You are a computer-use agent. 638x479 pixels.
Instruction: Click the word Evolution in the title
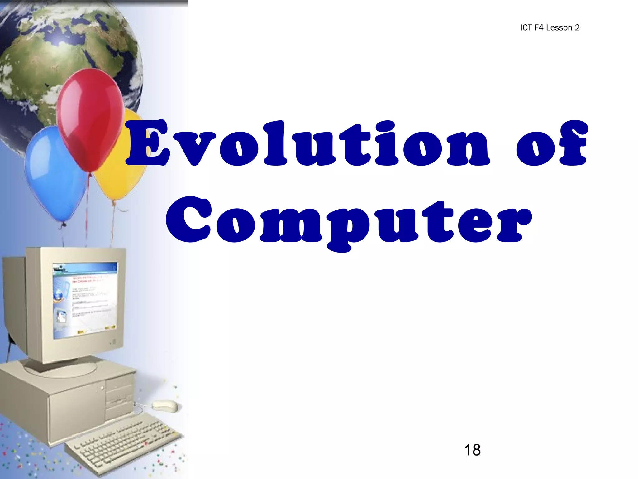click(308, 143)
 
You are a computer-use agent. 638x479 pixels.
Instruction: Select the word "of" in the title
click(551, 143)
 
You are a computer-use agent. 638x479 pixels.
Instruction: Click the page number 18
click(472, 450)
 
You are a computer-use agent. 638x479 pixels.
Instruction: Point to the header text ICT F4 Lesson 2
click(550, 28)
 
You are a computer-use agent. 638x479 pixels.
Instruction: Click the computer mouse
click(165, 406)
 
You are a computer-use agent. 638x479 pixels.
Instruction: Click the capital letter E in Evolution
click(148, 143)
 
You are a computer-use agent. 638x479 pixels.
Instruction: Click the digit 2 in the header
click(577, 28)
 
